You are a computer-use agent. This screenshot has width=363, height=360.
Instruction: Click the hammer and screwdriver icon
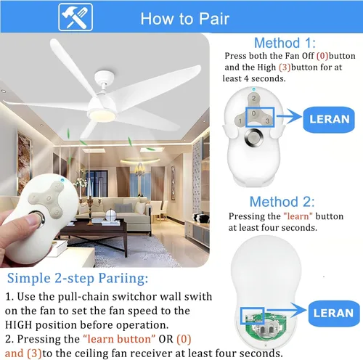pos(76,17)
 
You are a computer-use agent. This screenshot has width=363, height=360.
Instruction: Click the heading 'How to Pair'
pos(185,19)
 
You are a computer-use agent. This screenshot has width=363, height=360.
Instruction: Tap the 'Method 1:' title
pos(285,43)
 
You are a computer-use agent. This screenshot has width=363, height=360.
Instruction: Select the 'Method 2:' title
pos(282,202)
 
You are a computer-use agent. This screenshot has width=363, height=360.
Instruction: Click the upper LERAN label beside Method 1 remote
pos(329,120)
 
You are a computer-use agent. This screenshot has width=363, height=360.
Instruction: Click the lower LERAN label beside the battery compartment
pos(334,314)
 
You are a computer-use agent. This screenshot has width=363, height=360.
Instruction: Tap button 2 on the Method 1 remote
pos(253,99)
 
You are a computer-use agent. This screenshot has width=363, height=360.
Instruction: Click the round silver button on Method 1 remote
pos(253,138)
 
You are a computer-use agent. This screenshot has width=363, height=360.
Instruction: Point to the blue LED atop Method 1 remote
pos(253,89)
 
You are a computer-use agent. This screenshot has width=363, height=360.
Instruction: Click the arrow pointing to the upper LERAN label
pos(289,117)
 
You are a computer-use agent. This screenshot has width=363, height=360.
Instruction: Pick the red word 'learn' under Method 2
pos(298,216)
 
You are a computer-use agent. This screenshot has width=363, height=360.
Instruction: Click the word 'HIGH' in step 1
pos(18,325)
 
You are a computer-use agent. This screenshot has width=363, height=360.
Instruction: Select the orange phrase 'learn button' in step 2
pos(119,339)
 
